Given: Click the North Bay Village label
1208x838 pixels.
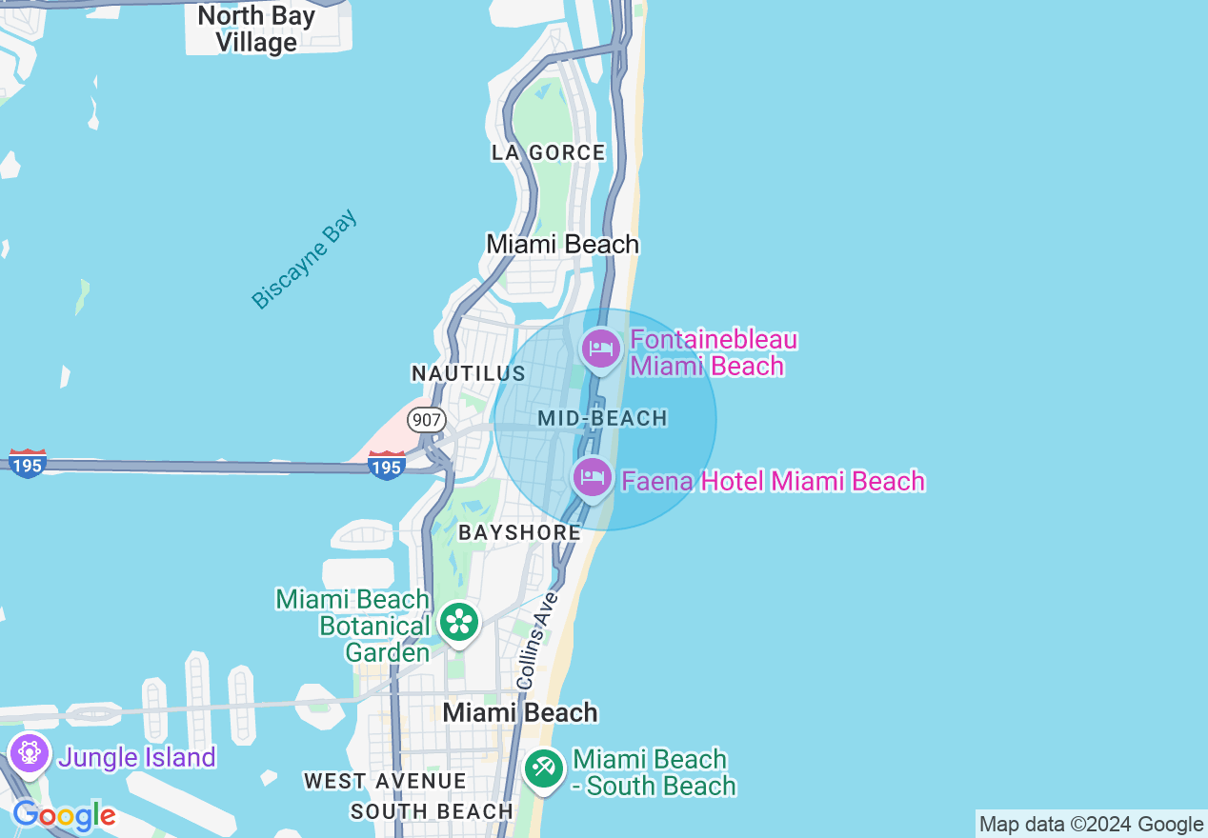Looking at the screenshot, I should tap(255, 30).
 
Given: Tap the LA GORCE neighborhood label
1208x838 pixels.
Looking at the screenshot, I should tap(548, 152).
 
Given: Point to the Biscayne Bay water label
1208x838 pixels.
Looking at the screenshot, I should tap(305, 259).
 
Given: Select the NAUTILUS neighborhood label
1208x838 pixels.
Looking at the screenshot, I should tap(468, 372).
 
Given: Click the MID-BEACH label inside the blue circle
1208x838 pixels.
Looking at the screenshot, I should tap(602, 418).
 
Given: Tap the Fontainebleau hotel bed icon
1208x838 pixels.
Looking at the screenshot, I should tap(601, 349).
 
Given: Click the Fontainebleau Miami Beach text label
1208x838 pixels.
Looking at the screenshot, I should tap(713, 352).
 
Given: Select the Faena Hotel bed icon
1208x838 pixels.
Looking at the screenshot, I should tap(593, 476).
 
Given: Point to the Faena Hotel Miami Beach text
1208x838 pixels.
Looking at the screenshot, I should tap(773, 481).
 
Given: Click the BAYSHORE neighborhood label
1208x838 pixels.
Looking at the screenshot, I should tap(519, 532).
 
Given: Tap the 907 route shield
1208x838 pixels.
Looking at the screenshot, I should tap(426, 419).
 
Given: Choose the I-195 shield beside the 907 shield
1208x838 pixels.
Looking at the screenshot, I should tap(387, 466).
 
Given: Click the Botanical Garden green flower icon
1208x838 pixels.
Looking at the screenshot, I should tap(459, 622).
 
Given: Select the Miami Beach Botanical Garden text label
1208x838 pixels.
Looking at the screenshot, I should tap(352, 626).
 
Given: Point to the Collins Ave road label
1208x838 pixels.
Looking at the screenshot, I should tap(534, 640).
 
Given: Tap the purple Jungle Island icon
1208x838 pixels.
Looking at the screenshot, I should tap(30, 753).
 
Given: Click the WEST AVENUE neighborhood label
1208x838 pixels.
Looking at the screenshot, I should tap(385, 781).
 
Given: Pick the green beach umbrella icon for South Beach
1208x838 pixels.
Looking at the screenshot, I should tap(544, 767).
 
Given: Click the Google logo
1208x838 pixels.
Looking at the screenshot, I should tap(64, 816).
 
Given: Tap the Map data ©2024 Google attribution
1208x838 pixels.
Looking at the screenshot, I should tap(1091, 825).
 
